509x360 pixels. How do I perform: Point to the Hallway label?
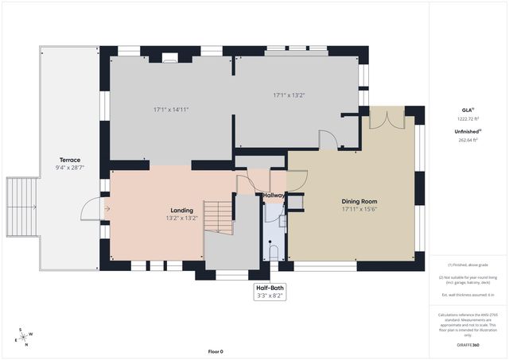click(x=274, y=195)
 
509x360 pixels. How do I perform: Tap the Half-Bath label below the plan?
click(x=270, y=288)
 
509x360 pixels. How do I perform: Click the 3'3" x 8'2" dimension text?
click(x=270, y=296)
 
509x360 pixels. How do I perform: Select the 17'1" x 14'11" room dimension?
click(x=171, y=109)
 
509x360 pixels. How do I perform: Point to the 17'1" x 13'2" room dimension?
click(x=289, y=95)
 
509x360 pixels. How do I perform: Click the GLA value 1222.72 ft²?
click(x=468, y=118)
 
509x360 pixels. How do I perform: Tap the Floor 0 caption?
click(x=216, y=351)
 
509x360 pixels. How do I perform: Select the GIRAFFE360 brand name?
click(x=468, y=346)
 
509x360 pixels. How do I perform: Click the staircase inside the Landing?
click(x=218, y=217)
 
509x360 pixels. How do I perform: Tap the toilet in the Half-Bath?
click(x=273, y=253)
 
